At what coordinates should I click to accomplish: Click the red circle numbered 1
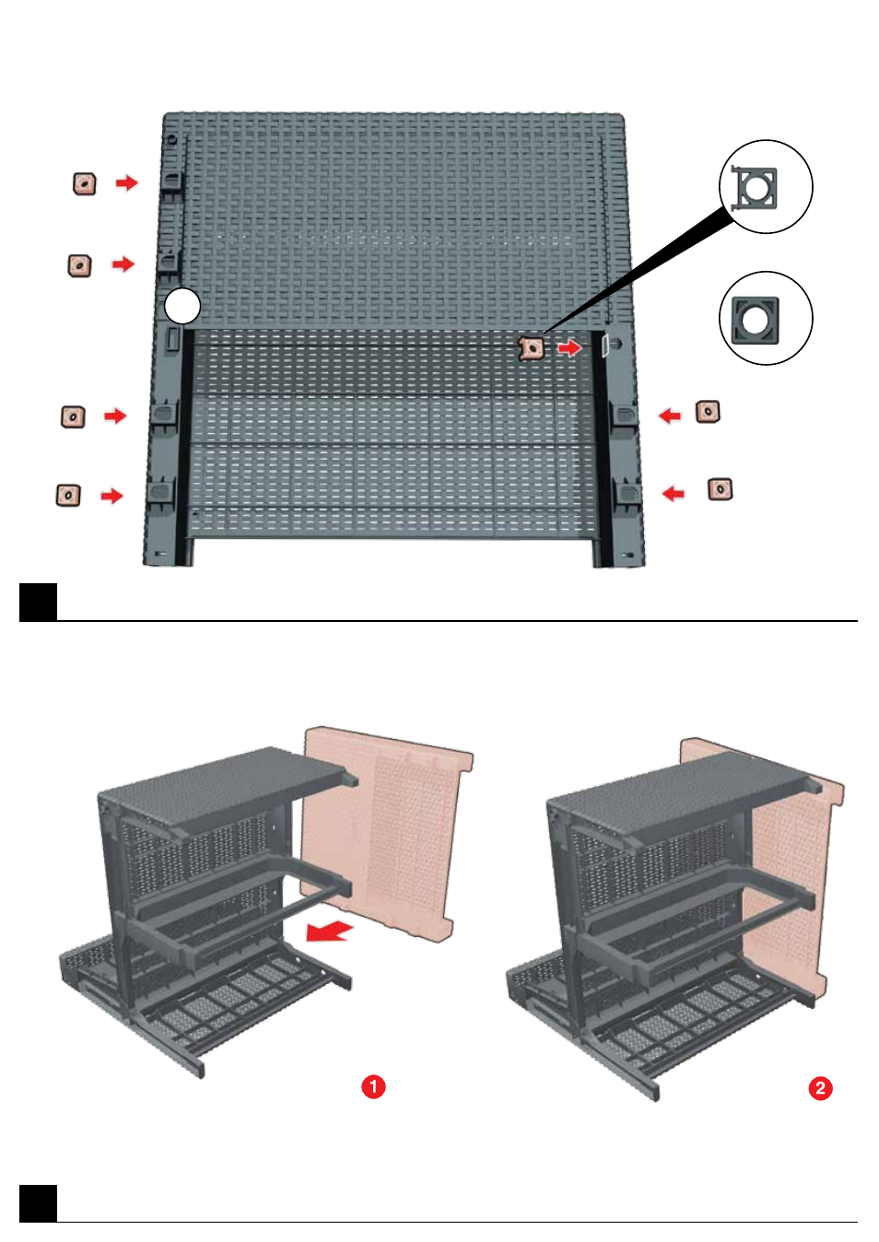(x=373, y=1087)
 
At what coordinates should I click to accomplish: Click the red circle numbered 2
(x=820, y=1088)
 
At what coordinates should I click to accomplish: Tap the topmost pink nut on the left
(x=84, y=183)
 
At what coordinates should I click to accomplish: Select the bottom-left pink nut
(x=68, y=495)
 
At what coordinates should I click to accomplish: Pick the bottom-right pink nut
(x=720, y=489)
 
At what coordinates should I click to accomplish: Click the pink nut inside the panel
(x=532, y=349)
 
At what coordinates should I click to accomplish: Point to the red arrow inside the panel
(x=569, y=348)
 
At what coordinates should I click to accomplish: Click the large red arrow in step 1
(x=330, y=931)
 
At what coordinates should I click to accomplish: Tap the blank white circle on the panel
(x=182, y=306)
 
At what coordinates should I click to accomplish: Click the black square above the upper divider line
(x=39, y=603)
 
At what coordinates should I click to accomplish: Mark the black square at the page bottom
(x=39, y=1203)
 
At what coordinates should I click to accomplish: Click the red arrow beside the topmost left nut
(x=127, y=182)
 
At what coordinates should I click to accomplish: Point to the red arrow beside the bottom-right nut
(x=674, y=492)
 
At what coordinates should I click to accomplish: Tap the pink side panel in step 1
(x=387, y=832)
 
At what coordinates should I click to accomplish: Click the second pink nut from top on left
(x=79, y=265)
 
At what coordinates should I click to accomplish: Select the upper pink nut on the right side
(x=709, y=412)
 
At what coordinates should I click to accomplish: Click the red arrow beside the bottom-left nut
(x=112, y=495)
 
